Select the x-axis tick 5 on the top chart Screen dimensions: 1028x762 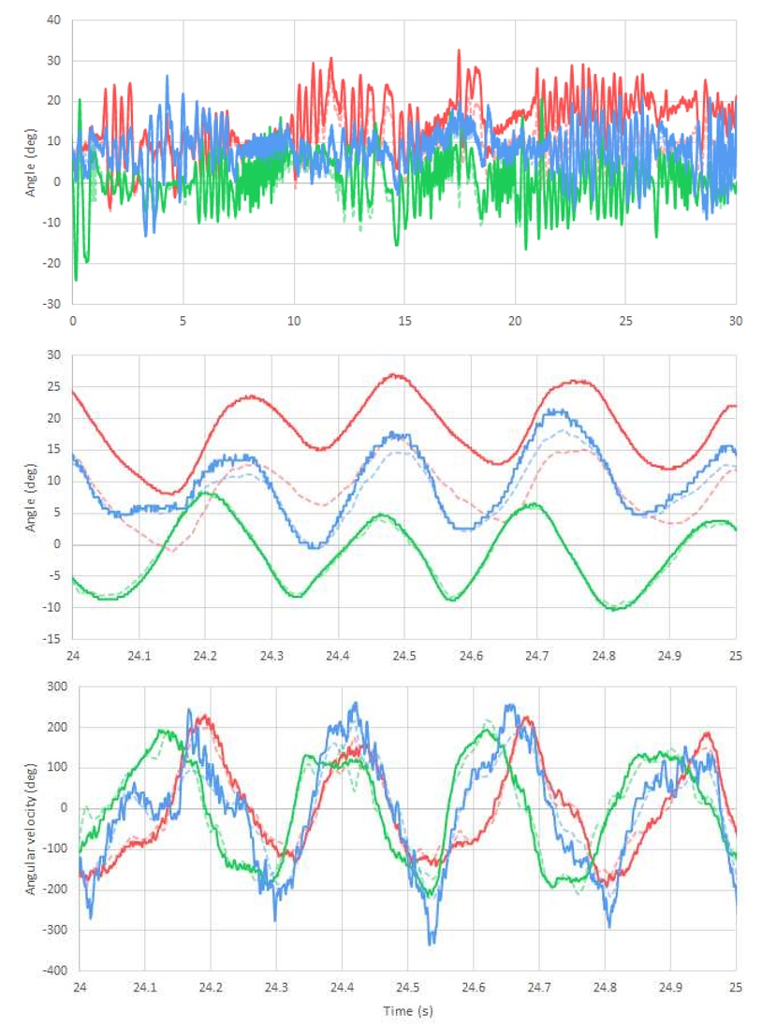coord(183,319)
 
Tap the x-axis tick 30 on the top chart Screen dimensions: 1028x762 coord(736,319)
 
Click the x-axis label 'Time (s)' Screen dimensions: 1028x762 coord(408,1011)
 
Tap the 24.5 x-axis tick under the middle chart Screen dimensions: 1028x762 coord(405,655)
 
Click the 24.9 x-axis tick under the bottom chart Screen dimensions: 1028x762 coord(669,986)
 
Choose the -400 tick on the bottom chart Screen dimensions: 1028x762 coord(52,970)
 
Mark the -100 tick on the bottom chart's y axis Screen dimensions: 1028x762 coord(52,848)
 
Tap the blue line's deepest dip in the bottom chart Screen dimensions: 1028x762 coord(432,944)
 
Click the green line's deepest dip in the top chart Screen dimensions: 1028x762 coord(76,280)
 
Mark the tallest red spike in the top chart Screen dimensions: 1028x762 coord(459,51)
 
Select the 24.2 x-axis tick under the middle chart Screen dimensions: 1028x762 coord(206,655)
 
